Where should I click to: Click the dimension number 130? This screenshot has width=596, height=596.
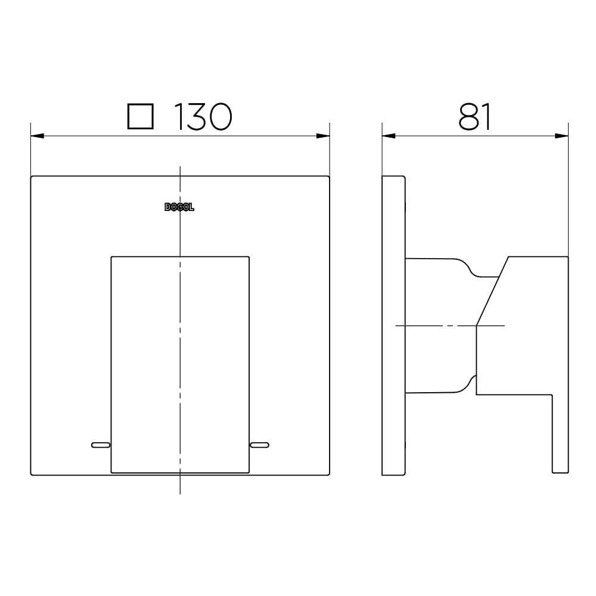(x=202, y=117)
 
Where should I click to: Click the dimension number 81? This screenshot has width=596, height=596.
(x=475, y=117)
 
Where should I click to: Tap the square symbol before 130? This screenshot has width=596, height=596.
(x=141, y=117)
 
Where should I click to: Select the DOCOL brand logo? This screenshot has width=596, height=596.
(x=179, y=207)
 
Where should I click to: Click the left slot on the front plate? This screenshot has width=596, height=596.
(x=100, y=445)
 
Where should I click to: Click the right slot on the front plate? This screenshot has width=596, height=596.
(x=260, y=445)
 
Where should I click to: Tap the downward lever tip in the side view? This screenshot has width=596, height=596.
(x=560, y=465)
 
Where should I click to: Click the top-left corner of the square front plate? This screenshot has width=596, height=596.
(x=32, y=176)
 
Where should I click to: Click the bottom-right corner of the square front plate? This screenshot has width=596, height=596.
(x=329, y=474)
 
